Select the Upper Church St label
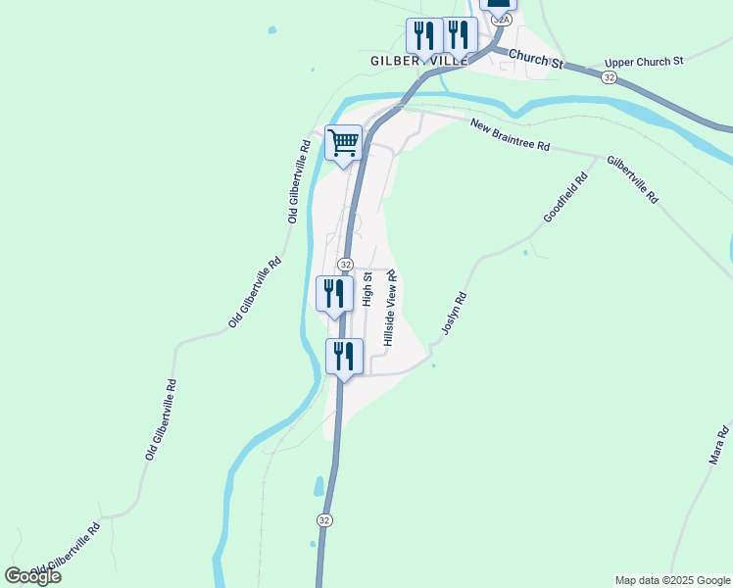pos(643,62)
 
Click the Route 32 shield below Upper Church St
pos(610,77)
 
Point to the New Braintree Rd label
pos(510,135)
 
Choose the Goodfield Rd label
pos(564,197)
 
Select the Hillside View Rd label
pos(390,308)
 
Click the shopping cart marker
pos(343,143)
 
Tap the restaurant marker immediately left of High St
pos(334,294)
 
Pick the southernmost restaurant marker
pos(344,357)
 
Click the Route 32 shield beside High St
pos(346,265)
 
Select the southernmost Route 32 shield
pos(324,518)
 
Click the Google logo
pos(32,576)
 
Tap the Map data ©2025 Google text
pos(672,580)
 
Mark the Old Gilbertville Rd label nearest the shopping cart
pos(299,181)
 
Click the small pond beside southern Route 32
pos(319,485)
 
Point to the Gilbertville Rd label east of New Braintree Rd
pos(632,177)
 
